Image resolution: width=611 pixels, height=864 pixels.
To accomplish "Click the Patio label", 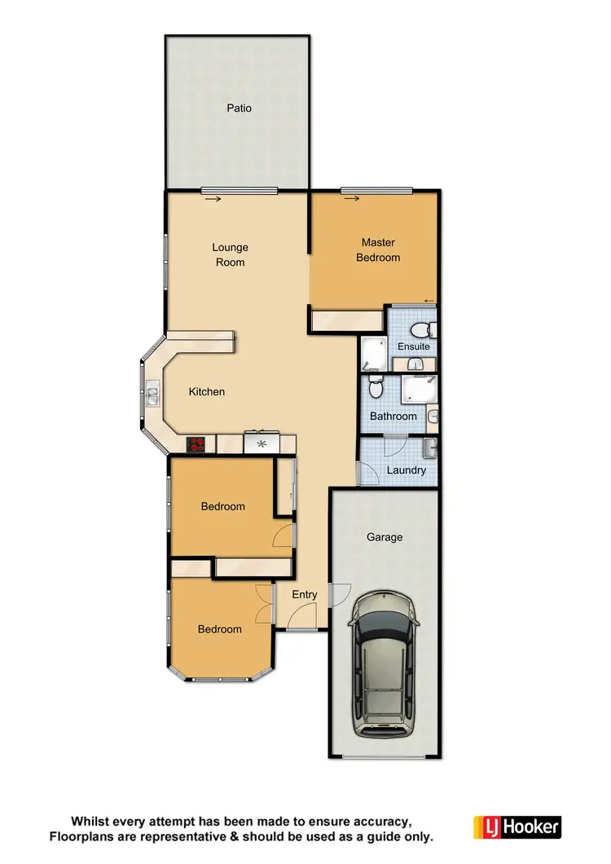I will point(240,108).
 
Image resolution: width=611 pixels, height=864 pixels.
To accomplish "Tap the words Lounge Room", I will point(230,255).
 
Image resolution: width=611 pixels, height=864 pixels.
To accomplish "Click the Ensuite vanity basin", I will point(418,364).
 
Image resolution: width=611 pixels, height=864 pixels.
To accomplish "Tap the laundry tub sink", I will point(430,448).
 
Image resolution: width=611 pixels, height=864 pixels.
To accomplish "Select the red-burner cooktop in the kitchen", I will point(196,444).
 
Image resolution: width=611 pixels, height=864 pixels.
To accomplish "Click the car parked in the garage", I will point(384,661).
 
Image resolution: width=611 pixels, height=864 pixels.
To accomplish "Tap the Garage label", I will point(385,537).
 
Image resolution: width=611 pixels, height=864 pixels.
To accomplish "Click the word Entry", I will point(305,594).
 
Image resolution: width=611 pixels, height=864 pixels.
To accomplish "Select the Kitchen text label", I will point(207,392).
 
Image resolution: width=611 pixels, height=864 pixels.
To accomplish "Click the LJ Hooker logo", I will point(518,827).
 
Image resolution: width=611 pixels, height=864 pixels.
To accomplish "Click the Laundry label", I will point(406,470).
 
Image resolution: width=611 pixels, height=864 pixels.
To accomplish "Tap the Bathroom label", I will point(393,417).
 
